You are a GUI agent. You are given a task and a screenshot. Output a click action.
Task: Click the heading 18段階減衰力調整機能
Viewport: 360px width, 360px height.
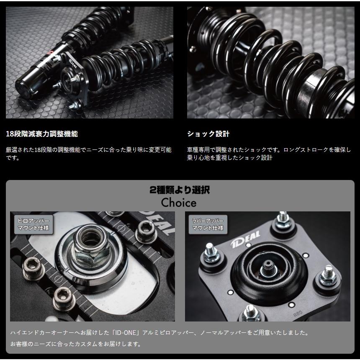(x=42, y=134)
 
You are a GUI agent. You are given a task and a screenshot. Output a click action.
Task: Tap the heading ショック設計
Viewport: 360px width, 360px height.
(x=208, y=134)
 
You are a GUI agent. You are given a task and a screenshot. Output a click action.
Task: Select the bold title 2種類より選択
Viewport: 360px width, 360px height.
(x=180, y=190)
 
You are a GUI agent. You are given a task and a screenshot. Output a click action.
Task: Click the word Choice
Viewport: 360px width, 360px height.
(x=179, y=203)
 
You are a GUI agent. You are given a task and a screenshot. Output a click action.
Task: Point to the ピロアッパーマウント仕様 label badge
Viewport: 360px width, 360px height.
(x=33, y=224)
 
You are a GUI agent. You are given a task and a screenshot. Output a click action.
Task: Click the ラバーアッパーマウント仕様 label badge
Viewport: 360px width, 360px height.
(x=208, y=224)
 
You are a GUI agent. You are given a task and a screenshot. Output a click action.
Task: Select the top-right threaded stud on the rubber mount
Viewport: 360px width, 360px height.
(x=283, y=220)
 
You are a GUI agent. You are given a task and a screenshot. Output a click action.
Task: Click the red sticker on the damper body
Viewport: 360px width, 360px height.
(x=47, y=58)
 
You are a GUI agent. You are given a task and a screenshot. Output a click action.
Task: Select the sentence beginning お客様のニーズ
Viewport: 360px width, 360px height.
(x=76, y=344)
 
